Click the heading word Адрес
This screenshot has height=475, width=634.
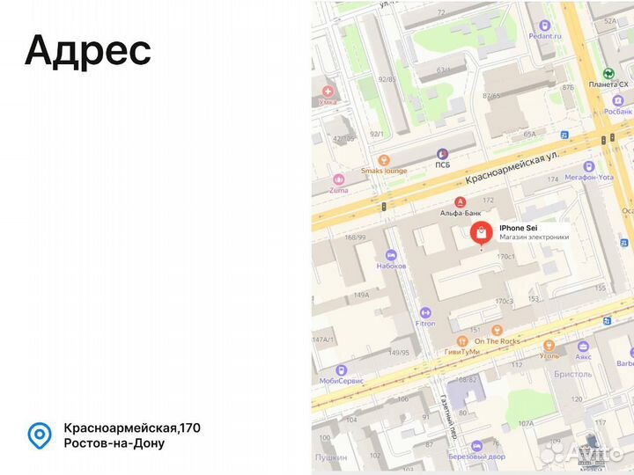88,51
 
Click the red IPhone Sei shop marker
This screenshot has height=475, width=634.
481,233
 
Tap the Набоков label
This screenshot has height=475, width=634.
391,265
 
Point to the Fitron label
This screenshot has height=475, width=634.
425,323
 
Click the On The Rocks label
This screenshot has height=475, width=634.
498,341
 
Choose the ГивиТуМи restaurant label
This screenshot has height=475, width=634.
461,351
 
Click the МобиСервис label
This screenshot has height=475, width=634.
342,381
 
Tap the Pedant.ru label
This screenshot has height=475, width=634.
545,36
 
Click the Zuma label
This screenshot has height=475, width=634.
339,190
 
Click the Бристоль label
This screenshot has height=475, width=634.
573,374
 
